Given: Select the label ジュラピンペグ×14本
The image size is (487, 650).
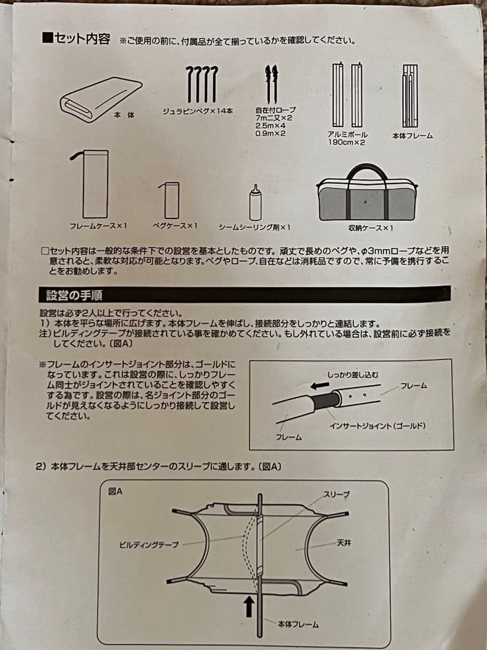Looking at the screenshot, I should coord(198,111).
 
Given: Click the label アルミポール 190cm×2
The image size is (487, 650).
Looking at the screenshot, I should coord(348,139).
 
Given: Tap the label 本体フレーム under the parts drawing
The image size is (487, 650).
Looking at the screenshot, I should coord(412,136).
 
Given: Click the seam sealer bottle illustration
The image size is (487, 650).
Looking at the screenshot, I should coord(256,203).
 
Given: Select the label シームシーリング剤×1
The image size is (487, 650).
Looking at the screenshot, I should coord(255,227).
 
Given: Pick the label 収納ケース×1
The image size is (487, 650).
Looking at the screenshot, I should coord(370,227).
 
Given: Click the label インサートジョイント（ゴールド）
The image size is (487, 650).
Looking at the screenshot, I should coord(377,426).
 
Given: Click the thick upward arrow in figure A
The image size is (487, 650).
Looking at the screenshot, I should coord(247,605).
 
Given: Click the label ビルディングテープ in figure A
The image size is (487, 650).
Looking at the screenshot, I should coord(149,545).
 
